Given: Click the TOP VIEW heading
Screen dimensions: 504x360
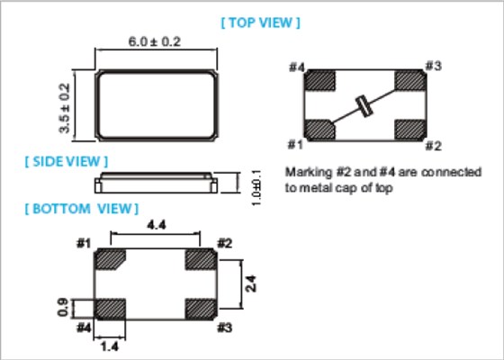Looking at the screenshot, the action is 260,22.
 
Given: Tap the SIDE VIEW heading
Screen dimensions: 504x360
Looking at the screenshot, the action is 67,161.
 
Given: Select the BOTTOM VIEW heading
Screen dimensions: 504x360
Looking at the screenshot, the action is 82,209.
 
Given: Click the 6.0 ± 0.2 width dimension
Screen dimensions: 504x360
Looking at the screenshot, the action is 154,41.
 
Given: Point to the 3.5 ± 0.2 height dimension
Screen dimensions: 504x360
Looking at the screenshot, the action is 64,108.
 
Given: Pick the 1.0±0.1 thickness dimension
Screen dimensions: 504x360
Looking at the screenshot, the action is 256,188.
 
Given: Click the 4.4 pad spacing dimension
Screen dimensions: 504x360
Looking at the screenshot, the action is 157,225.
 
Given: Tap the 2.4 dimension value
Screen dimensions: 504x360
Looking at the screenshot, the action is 251,283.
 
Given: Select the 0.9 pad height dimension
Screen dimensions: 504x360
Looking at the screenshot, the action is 63,308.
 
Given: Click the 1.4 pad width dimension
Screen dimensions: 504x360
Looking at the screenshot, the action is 110,347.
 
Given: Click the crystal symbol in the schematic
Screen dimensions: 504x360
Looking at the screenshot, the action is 364,106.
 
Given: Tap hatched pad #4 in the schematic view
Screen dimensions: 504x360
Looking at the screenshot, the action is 319,80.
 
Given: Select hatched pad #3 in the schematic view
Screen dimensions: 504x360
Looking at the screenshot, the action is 410,80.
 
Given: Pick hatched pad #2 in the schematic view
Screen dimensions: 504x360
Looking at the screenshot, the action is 410,130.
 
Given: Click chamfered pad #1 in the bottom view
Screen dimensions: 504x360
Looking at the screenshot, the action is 110,259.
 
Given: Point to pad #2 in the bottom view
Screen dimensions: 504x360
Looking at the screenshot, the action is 201,259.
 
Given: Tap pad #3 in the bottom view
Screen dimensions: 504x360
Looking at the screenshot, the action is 201,310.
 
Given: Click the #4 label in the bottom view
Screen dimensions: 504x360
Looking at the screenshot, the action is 84,328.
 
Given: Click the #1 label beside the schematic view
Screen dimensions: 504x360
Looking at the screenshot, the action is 295,145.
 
